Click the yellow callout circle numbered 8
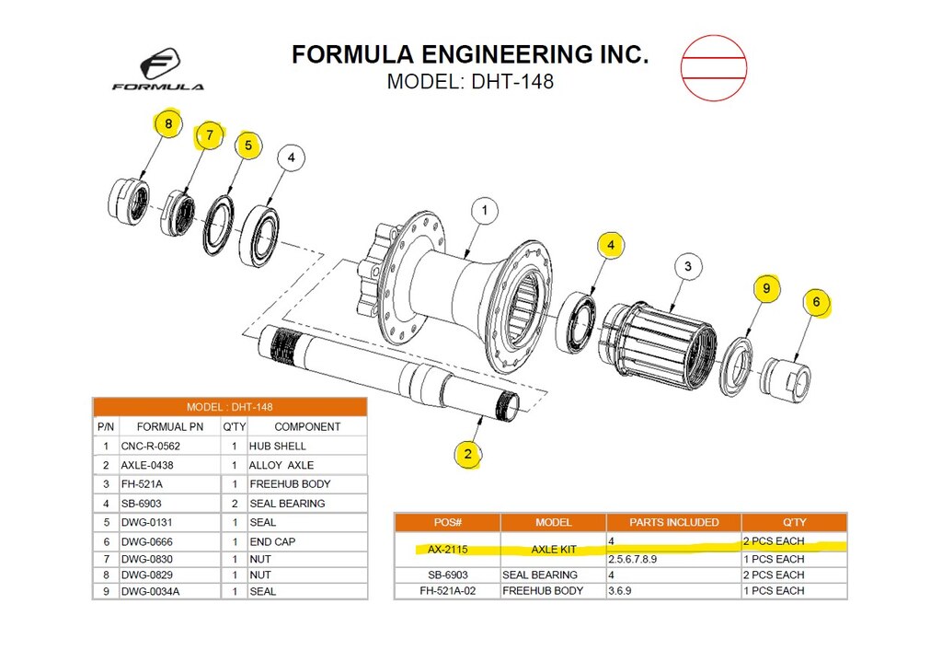point(167,123)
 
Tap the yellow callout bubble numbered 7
point(209,135)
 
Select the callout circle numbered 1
point(485,211)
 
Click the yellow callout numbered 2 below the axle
point(468,453)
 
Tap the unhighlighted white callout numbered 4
point(291,158)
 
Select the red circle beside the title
point(713,67)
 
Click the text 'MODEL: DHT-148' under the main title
point(470,81)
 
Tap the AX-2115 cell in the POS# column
point(448,549)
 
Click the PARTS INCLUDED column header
point(673,522)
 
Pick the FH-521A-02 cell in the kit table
point(448,590)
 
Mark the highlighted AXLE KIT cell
point(553,549)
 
